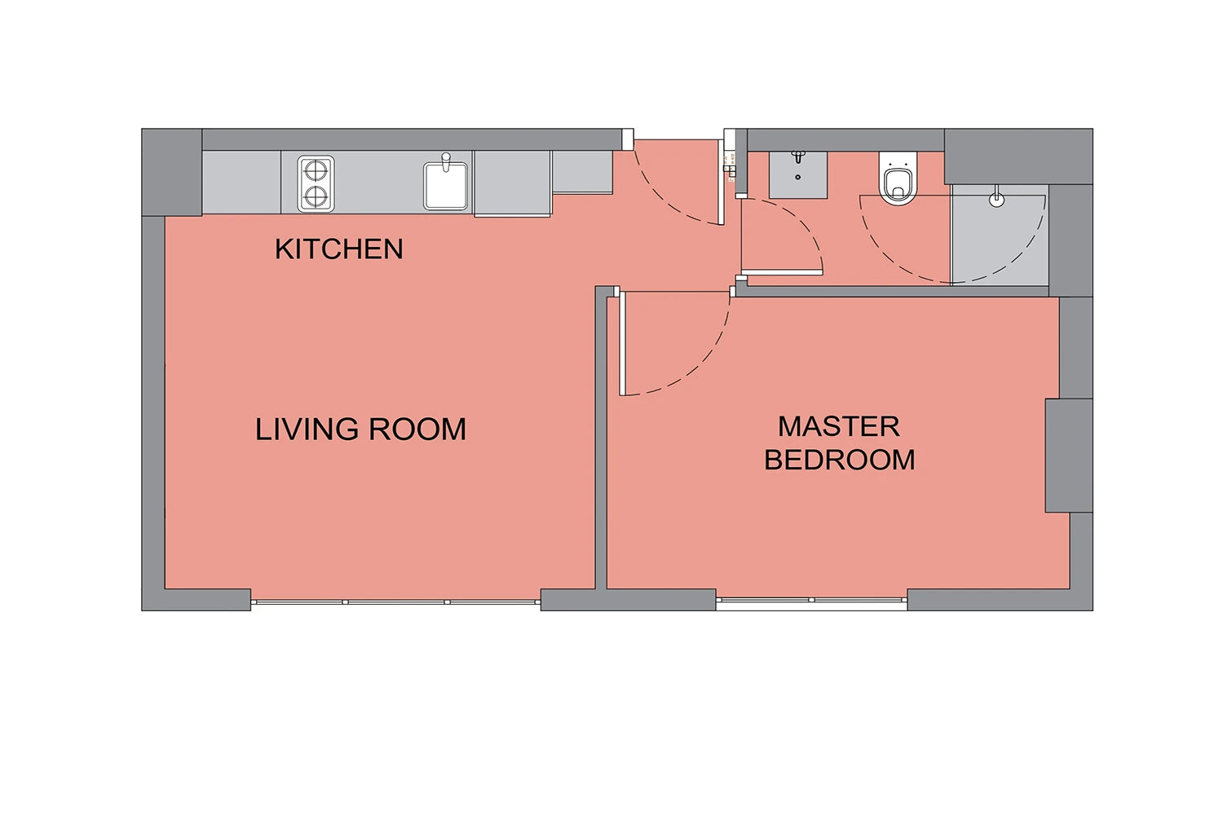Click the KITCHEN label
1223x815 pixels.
pyautogui.click(x=338, y=249)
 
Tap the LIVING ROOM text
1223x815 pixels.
pyautogui.click(x=360, y=429)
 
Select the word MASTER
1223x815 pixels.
pyautogui.click(x=839, y=426)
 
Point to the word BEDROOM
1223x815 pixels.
pyautogui.click(x=839, y=460)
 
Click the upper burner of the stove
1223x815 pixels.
pyautogui.click(x=316, y=171)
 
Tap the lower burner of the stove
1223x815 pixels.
pyautogui.click(x=316, y=196)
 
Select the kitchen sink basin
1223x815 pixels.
pyautogui.click(x=445, y=186)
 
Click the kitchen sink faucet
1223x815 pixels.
pyautogui.click(x=446, y=161)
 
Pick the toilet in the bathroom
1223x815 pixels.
pyautogui.click(x=898, y=178)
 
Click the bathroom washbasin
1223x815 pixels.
pyautogui.click(x=798, y=174)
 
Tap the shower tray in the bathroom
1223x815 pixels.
pyautogui.click(x=999, y=235)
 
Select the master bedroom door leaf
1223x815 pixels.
pyautogui.click(x=622, y=343)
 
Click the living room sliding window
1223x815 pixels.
pyautogui.click(x=395, y=602)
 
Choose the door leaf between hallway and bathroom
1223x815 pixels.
pyautogui.click(x=782, y=272)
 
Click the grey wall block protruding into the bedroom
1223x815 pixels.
pyautogui.click(x=1069, y=456)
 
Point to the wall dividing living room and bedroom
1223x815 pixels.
pyautogui.click(x=601, y=438)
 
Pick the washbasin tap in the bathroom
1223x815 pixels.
pyautogui.click(x=799, y=157)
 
